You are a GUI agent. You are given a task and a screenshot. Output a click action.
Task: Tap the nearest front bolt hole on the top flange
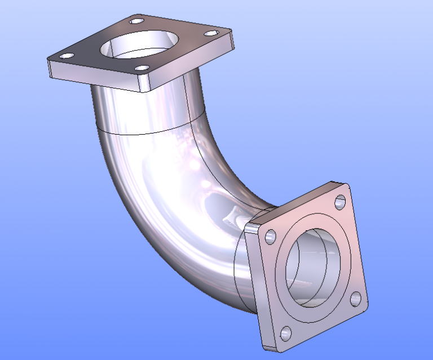144,69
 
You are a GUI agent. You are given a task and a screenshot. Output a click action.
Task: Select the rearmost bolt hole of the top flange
136,21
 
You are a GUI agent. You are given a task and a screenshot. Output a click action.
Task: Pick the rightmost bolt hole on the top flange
211,33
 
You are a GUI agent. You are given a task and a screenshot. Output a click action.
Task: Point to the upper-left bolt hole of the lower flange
271,235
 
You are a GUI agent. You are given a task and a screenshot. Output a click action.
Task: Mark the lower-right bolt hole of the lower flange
355,299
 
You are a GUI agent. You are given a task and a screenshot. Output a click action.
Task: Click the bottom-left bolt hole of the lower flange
286,332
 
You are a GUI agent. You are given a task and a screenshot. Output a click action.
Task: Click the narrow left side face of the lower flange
255,282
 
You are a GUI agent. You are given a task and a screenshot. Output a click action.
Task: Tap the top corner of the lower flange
333,184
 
